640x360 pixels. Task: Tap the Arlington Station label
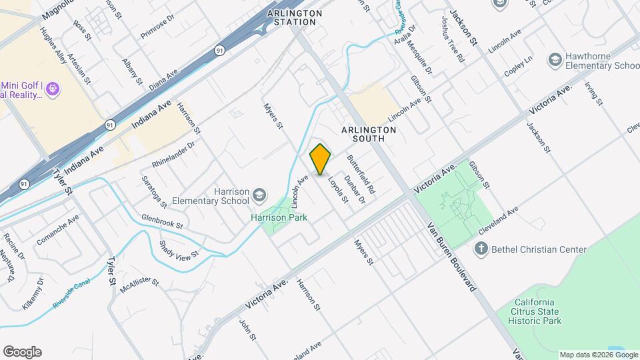click(295, 17)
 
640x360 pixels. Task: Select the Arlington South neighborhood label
click(363, 134)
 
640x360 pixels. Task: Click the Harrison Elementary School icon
click(259, 196)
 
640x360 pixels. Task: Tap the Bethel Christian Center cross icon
click(481, 249)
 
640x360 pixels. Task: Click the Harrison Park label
click(278, 217)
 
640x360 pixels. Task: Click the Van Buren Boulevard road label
click(452, 257)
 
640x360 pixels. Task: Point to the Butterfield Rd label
click(361, 175)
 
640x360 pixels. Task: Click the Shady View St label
click(179, 250)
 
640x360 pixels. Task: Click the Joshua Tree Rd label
click(452, 40)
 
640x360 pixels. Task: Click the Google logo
click(22, 351)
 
